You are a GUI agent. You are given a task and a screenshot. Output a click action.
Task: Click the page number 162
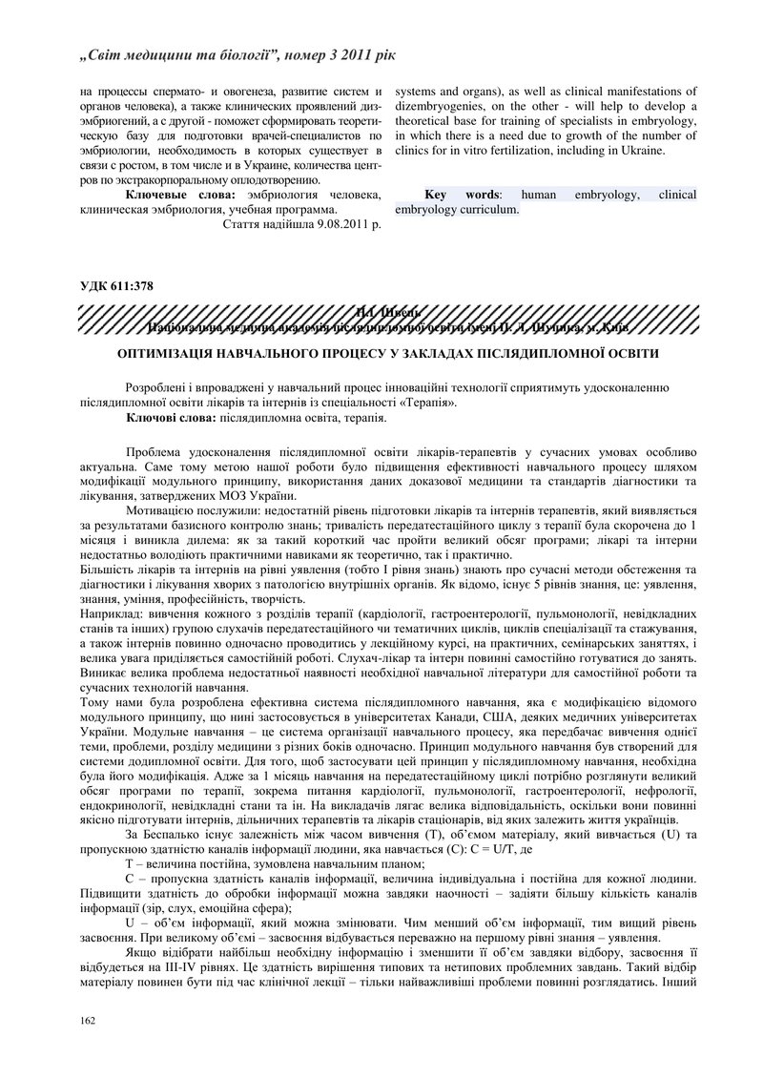click(x=88, y=1022)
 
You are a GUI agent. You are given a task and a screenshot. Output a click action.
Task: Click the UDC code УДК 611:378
click(x=116, y=285)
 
